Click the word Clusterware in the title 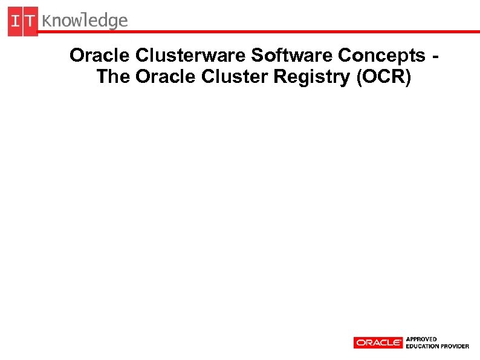tap(191, 55)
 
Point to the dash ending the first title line tap(436, 56)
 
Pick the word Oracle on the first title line tap(100, 55)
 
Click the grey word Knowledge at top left tap(85, 22)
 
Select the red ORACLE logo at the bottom tap(378, 342)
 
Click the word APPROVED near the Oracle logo tap(421, 339)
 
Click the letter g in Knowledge tap(112, 23)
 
